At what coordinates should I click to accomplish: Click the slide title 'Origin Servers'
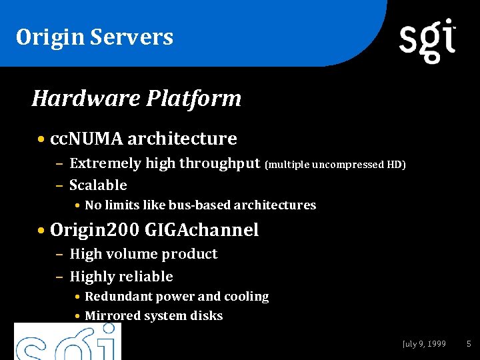pos(95,37)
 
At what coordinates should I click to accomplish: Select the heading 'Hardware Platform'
pos(137,99)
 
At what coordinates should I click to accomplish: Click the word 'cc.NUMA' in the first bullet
pos(86,139)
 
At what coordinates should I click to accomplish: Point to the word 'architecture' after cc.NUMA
pos(182,139)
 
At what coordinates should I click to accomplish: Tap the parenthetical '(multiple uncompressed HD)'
pos(335,164)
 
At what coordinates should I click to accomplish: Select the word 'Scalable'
pos(98,185)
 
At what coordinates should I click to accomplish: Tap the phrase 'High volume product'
pos(143,254)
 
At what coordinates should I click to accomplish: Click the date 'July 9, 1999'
pos(424,344)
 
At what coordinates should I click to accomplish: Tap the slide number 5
pos(469,344)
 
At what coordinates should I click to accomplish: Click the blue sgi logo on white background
pos(67,341)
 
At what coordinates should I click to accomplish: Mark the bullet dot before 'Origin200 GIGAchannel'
pos(42,231)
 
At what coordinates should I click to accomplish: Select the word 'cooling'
pos(246,296)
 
